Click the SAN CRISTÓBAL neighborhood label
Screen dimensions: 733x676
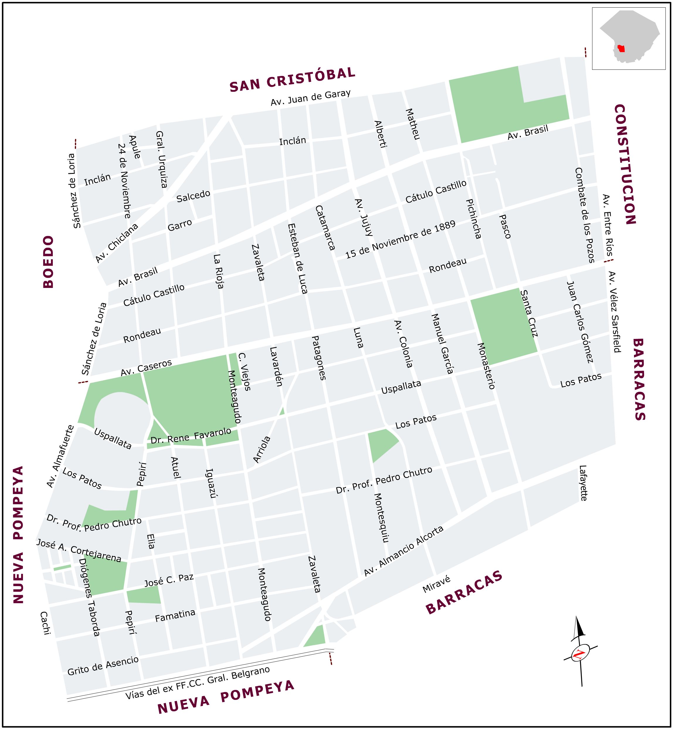(x=293, y=79)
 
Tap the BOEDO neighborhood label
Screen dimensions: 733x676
(x=49, y=262)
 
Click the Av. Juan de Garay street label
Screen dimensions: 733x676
(x=311, y=98)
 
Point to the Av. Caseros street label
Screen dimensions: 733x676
(x=146, y=368)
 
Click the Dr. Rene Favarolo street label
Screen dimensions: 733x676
(x=191, y=436)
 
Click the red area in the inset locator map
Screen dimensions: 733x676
(x=621, y=49)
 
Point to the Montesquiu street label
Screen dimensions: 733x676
(x=381, y=517)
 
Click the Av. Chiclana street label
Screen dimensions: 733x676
(x=117, y=243)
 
